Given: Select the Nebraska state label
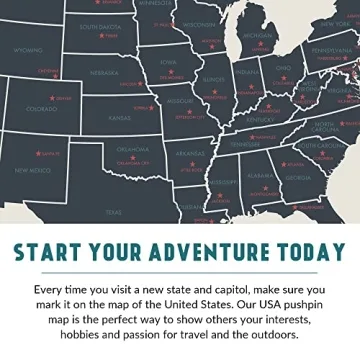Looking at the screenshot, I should point(104,73).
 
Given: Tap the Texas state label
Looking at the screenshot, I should point(112,211).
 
